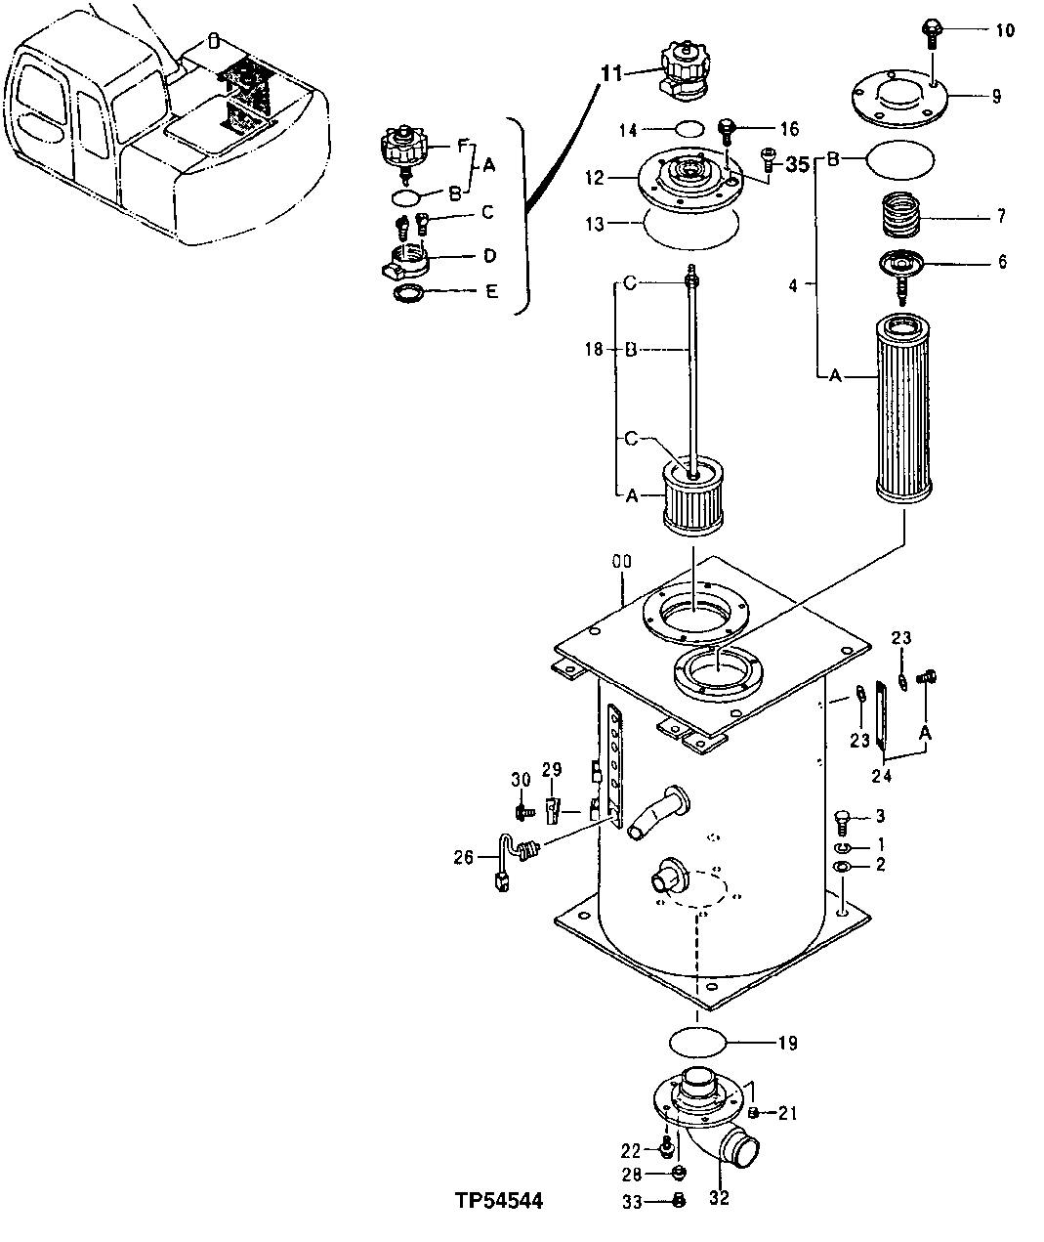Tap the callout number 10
tap(1004, 30)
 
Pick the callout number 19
tap(787, 1044)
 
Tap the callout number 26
tap(464, 857)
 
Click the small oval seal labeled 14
tap(690, 128)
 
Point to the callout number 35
tap(798, 165)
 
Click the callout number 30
tap(520, 779)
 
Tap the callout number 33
tap(632, 1203)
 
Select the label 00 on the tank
tap(621, 562)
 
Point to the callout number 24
tap(883, 777)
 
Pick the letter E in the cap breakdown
tap(491, 290)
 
